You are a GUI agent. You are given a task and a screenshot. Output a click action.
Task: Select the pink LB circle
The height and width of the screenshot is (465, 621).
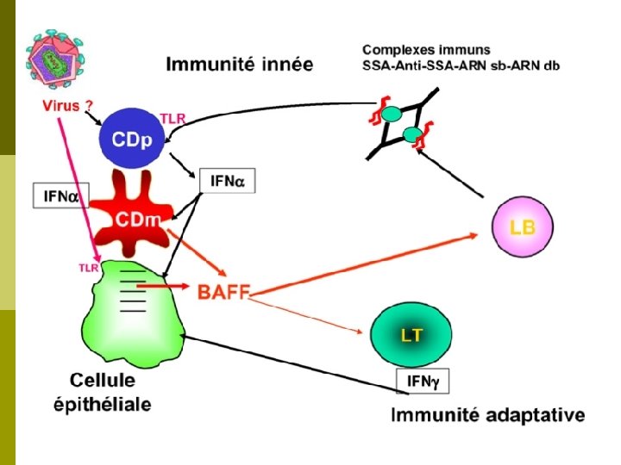click(x=521, y=227)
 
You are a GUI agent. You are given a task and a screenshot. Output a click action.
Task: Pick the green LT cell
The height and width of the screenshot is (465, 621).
click(x=411, y=334)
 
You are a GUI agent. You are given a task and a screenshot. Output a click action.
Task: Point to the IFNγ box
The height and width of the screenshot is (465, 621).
click(x=422, y=381)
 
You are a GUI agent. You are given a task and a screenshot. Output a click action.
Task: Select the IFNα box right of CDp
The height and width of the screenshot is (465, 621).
click(x=228, y=181)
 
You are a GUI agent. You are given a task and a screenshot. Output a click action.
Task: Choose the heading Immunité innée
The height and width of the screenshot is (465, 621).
click(x=240, y=65)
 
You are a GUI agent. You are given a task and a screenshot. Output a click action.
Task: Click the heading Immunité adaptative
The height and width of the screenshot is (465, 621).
click(x=488, y=415)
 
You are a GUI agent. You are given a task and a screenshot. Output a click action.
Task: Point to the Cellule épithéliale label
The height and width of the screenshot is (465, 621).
click(x=110, y=392)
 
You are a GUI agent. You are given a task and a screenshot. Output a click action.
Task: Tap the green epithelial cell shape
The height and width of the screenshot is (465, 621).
click(x=129, y=310)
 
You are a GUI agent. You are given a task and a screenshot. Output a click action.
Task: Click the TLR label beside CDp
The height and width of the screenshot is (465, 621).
click(x=172, y=118)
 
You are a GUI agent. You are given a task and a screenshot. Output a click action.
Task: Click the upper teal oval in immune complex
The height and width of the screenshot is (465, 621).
click(x=392, y=114)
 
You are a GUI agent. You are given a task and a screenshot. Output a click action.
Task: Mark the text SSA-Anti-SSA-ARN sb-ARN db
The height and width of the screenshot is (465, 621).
click(x=461, y=66)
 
